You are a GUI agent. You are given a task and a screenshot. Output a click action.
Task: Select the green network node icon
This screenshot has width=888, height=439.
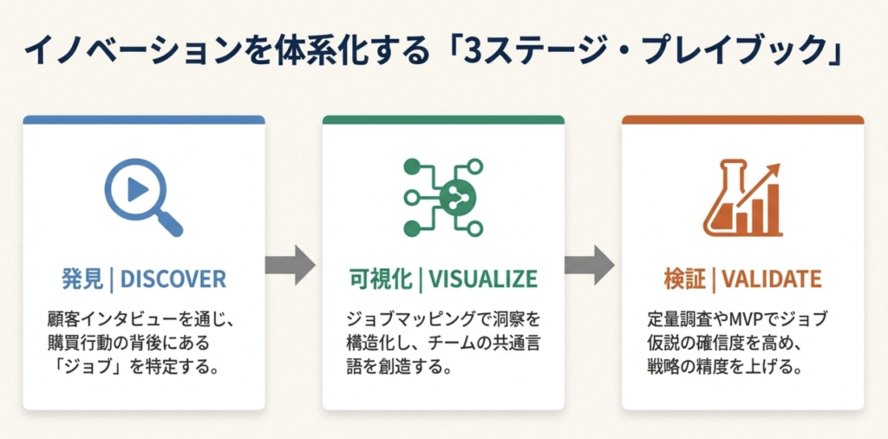click(443, 197)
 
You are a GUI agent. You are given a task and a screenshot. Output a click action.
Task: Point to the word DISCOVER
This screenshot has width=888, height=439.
click(173, 278)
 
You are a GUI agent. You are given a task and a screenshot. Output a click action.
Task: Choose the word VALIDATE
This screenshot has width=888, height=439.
click(772, 278)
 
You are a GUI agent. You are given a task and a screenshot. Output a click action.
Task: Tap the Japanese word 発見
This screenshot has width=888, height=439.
click(82, 278)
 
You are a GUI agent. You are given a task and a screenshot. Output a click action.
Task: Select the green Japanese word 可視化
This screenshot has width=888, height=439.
click(381, 278)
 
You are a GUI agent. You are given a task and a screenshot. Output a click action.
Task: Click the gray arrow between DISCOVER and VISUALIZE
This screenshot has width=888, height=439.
click(290, 265)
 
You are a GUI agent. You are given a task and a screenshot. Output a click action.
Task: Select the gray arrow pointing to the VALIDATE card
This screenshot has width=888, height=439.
click(590, 265)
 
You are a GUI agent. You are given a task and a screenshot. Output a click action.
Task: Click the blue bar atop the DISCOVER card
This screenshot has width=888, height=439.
click(144, 120)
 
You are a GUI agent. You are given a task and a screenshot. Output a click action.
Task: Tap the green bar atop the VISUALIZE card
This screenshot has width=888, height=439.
click(443, 120)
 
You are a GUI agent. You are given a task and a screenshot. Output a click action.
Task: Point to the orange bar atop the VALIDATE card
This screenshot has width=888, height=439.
click(743, 120)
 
